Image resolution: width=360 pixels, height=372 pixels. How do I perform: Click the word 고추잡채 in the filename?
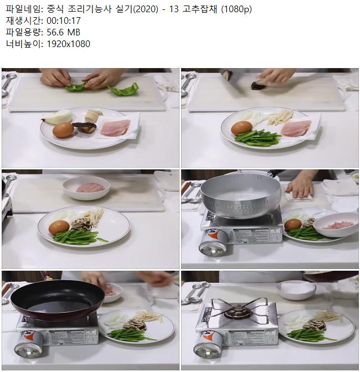(x=200, y=9)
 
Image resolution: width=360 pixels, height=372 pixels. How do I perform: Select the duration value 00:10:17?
(x=64, y=21)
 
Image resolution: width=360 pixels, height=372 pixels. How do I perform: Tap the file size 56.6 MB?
(x=63, y=32)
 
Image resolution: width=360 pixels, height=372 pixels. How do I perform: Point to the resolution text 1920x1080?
(x=68, y=44)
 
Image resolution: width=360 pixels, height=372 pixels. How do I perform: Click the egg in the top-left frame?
(x=63, y=130)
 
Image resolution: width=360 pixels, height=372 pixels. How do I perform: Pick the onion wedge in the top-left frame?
(x=58, y=116)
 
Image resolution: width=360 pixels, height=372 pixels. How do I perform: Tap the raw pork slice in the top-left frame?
(x=115, y=127)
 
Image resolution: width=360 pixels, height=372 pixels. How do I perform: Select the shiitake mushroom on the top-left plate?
(x=85, y=127)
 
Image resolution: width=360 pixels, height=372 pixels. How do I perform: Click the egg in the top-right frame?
(x=241, y=128)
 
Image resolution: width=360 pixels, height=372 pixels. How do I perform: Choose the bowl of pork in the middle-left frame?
(x=86, y=188)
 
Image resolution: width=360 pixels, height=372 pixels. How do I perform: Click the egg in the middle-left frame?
(x=59, y=228)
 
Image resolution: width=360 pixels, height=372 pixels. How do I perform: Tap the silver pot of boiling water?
(x=240, y=195)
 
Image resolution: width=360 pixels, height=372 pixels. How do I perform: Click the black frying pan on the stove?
(x=58, y=299)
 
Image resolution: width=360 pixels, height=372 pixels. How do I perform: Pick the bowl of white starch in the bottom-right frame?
(x=296, y=290)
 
